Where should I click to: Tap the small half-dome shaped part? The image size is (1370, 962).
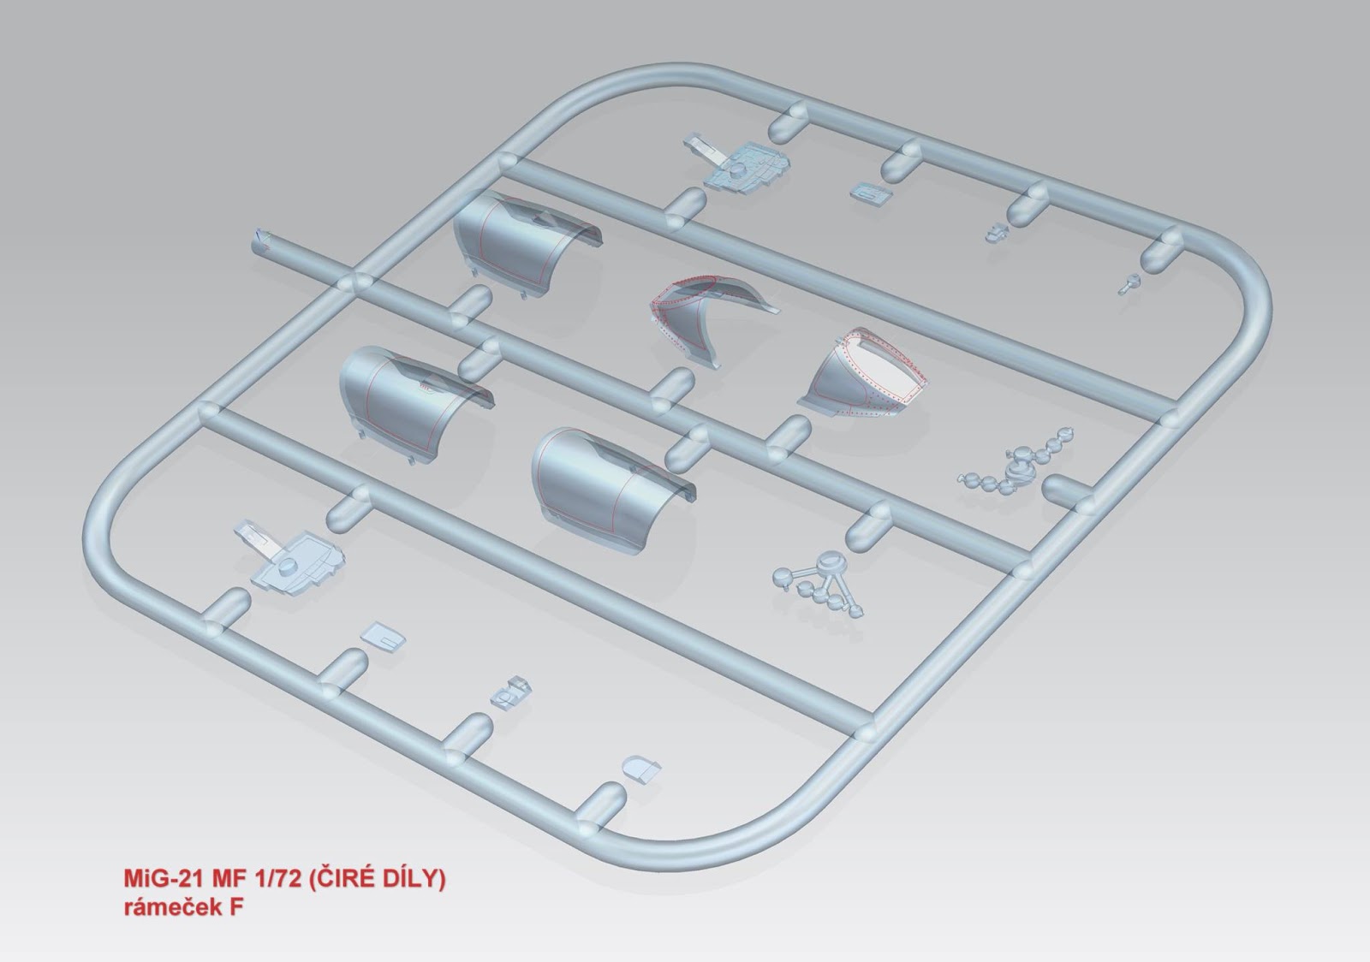click(640, 769)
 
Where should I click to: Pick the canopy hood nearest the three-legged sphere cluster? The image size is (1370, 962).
click(611, 492)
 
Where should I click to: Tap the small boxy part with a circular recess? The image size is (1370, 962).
click(511, 693)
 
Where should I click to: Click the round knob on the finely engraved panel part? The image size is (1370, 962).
click(286, 566)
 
